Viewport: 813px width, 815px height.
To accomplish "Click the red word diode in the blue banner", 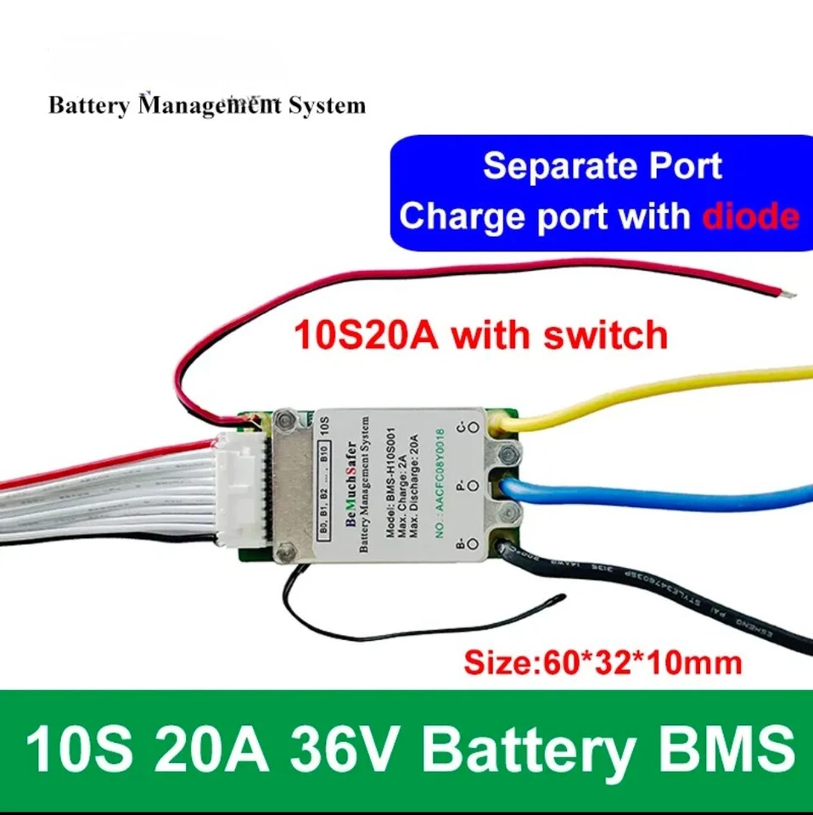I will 750,217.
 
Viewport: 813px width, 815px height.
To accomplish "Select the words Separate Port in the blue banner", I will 603,166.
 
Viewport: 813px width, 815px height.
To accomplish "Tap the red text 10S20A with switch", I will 480,335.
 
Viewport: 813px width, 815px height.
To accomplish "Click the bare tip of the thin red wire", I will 790,295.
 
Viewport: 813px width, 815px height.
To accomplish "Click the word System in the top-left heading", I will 326,106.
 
